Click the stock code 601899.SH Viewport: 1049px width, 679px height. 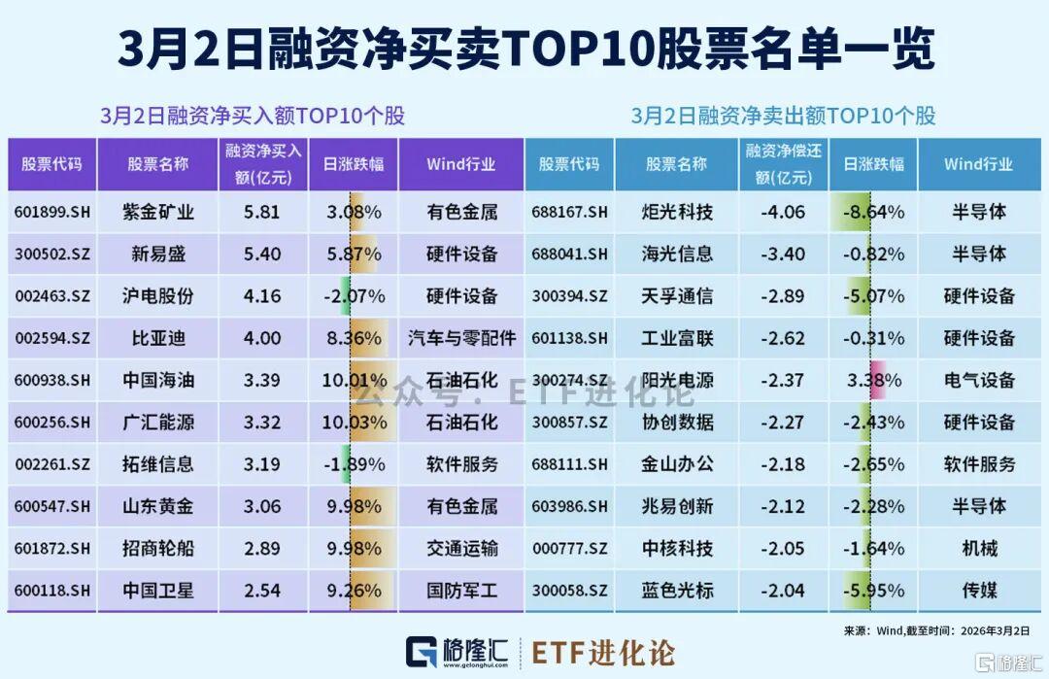(52, 212)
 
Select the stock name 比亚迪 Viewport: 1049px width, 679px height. (158, 338)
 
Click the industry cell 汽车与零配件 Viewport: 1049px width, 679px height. (462, 338)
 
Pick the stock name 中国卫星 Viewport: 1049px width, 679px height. (158, 591)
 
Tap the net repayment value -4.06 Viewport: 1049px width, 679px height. (782, 212)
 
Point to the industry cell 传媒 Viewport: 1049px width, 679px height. (980, 591)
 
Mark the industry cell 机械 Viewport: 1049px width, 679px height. (980, 549)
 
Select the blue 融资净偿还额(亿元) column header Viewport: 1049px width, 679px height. (782, 164)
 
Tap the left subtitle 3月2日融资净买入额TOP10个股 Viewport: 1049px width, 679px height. (253, 117)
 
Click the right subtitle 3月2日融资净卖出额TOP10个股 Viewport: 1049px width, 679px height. (783, 117)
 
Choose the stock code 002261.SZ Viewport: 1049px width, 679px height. (52, 464)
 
